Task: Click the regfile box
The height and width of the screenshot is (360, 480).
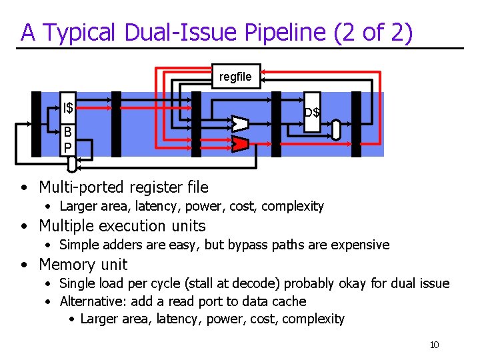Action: (235, 77)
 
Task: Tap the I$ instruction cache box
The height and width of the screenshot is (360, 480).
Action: (67, 107)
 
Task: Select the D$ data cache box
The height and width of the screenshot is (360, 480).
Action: (311, 111)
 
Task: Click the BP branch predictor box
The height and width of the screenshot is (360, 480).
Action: (67, 139)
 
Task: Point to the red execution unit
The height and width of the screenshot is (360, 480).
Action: (240, 143)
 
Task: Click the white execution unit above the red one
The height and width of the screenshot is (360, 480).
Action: (240, 123)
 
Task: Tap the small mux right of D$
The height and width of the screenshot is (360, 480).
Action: (336, 130)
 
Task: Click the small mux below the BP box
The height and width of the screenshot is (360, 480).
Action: (72, 164)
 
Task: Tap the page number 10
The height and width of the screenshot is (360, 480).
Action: (434, 345)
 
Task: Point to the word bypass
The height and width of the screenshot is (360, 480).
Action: (248, 245)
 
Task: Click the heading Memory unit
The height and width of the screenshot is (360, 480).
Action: (83, 264)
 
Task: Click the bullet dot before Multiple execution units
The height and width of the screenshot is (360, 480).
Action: (24, 226)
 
